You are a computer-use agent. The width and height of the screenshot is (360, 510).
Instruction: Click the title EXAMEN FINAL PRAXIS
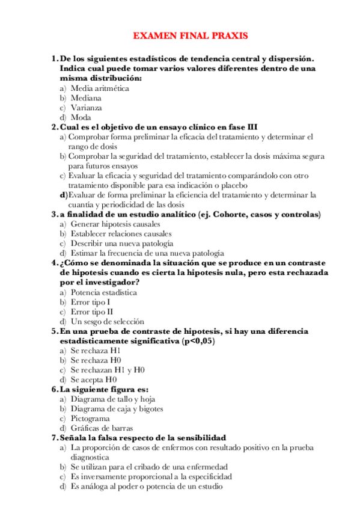pyautogui.click(x=190, y=36)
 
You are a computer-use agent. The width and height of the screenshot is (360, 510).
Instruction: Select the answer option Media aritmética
pyautogui.click(x=99, y=88)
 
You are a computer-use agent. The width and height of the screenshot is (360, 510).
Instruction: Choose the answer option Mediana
pyautogui.click(x=86, y=98)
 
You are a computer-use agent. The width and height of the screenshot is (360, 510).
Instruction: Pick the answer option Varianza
pyautogui.click(x=86, y=108)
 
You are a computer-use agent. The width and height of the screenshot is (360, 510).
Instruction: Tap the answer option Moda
pyautogui.click(x=81, y=117)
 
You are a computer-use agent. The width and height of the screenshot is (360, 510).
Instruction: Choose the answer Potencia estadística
pyautogui.click(x=103, y=292)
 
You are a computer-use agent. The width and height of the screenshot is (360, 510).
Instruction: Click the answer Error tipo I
pyautogui.click(x=90, y=302)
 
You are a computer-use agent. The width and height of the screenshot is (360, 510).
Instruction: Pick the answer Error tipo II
pyautogui.click(x=91, y=312)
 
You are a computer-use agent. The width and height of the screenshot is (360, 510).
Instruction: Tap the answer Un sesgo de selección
pyautogui.click(x=107, y=321)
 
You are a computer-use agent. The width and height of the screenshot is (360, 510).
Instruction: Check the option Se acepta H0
pyautogui.click(x=93, y=379)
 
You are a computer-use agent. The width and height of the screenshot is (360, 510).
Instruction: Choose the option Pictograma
pyautogui.click(x=90, y=418)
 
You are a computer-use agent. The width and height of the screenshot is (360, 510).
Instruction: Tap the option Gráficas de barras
pyautogui.click(x=99, y=428)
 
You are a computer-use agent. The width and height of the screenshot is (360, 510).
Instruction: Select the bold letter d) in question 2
pyautogui.click(x=63, y=195)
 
